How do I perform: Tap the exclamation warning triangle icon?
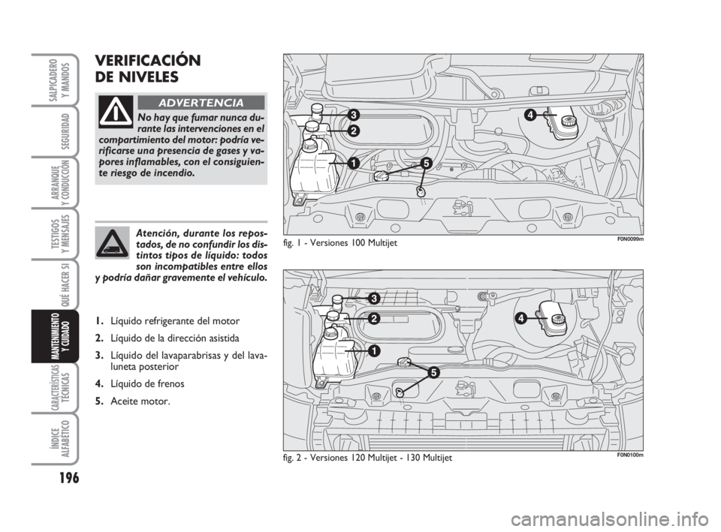coord(116,113)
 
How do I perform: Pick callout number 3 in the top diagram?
coord(352,115)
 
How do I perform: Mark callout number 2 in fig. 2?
coord(373,318)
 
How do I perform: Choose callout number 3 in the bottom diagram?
coord(373,298)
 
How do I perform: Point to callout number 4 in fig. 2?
coord(520,318)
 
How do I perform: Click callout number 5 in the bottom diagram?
coord(433,372)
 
